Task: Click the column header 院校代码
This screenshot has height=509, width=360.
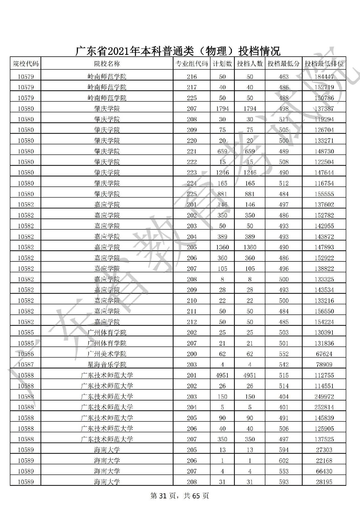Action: click(x=26, y=64)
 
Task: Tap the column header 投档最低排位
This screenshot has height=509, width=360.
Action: click(x=324, y=64)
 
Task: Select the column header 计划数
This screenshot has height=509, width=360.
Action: click(x=222, y=64)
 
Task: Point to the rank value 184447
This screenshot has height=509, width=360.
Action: click(x=324, y=77)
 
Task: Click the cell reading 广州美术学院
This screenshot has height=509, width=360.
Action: click(x=107, y=354)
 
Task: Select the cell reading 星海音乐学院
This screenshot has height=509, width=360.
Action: click(x=107, y=365)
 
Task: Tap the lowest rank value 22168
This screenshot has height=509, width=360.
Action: click(x=324, y=461)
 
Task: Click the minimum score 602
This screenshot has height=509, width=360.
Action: click(x=283, y=461)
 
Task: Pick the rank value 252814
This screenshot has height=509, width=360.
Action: click(x=324, y=407)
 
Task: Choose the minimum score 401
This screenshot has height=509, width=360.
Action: click(x=283, y=407)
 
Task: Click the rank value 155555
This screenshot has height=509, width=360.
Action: click(x=324, y=194)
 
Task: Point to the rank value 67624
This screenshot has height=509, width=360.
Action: click(x=324, y=354)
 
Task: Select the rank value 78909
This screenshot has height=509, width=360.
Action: click(x=324, y=365)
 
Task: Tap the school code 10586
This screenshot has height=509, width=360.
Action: click(x=26, y=354)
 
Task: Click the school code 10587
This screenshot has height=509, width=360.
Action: click(x=26, y=365)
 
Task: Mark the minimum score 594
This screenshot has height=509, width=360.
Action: click(x=283, y=450)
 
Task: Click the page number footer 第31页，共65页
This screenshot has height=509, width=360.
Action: click(x=179, y=496)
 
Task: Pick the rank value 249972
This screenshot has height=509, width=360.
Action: click(x=324, y=397)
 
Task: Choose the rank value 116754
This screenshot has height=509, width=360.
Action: click(x=324, y=183)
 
